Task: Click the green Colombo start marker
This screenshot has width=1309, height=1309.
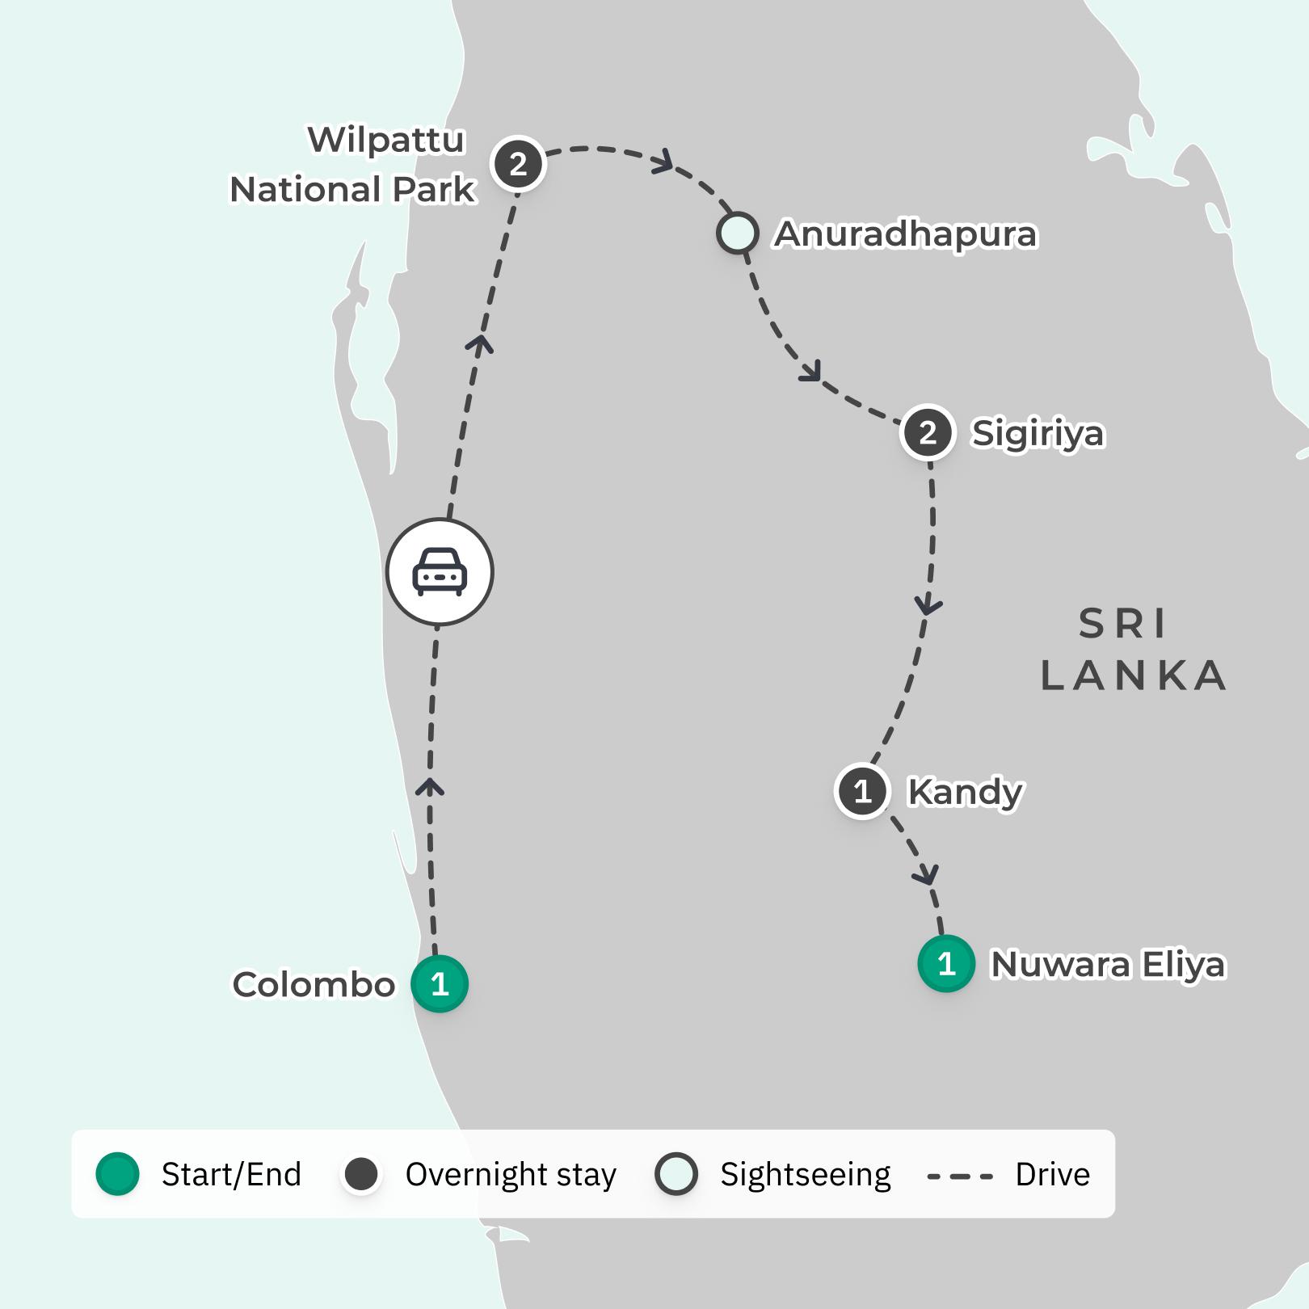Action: point(440,983)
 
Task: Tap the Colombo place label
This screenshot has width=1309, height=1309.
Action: point(314,984)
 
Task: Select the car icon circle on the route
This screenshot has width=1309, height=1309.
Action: point(440,572)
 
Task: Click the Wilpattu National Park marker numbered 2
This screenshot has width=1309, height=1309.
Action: point(519,164)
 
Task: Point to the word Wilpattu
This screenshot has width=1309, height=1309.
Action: point(386,140)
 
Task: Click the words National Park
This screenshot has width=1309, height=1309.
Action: point(353,190)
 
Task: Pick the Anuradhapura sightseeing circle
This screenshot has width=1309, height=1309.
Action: point(737,234)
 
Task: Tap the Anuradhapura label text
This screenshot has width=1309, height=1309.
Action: point(905,234)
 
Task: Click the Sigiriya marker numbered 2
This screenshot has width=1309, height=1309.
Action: point(928,432)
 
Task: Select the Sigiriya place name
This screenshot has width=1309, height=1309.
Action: point(1038,433)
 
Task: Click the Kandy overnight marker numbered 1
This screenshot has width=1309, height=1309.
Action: point(862,791)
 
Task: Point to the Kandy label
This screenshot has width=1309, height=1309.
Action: point(966,792)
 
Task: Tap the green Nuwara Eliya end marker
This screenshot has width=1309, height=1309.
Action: point(946,963)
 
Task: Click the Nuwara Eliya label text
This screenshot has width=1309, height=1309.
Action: point(1108,964)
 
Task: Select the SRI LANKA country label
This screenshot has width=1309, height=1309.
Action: point(1131,650)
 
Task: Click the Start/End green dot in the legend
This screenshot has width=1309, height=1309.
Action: point(118,1174)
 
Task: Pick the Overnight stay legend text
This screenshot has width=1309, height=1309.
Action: point(511,1174)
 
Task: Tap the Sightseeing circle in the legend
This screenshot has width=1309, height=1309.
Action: point(676,1174)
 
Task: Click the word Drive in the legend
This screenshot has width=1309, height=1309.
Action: point(1052,1174)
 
